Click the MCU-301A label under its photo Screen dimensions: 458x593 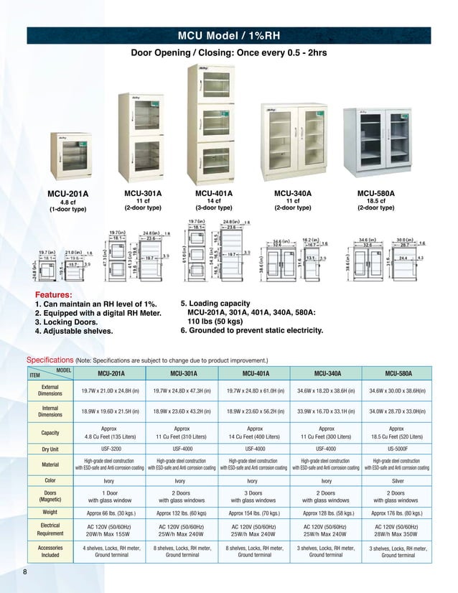(x=143, y=194)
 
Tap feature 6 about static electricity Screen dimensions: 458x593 (x=251, y=331)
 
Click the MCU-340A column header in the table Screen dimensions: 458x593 (x=326, y=373)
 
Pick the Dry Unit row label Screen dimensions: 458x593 (x=50, y=449)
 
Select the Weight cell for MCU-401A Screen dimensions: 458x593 (x=253, y=513)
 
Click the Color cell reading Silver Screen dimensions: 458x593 (x=397, y=480)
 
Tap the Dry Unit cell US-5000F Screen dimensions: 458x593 (x=397, y=449)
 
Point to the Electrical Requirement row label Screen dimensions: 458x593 (x=50, y=531)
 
